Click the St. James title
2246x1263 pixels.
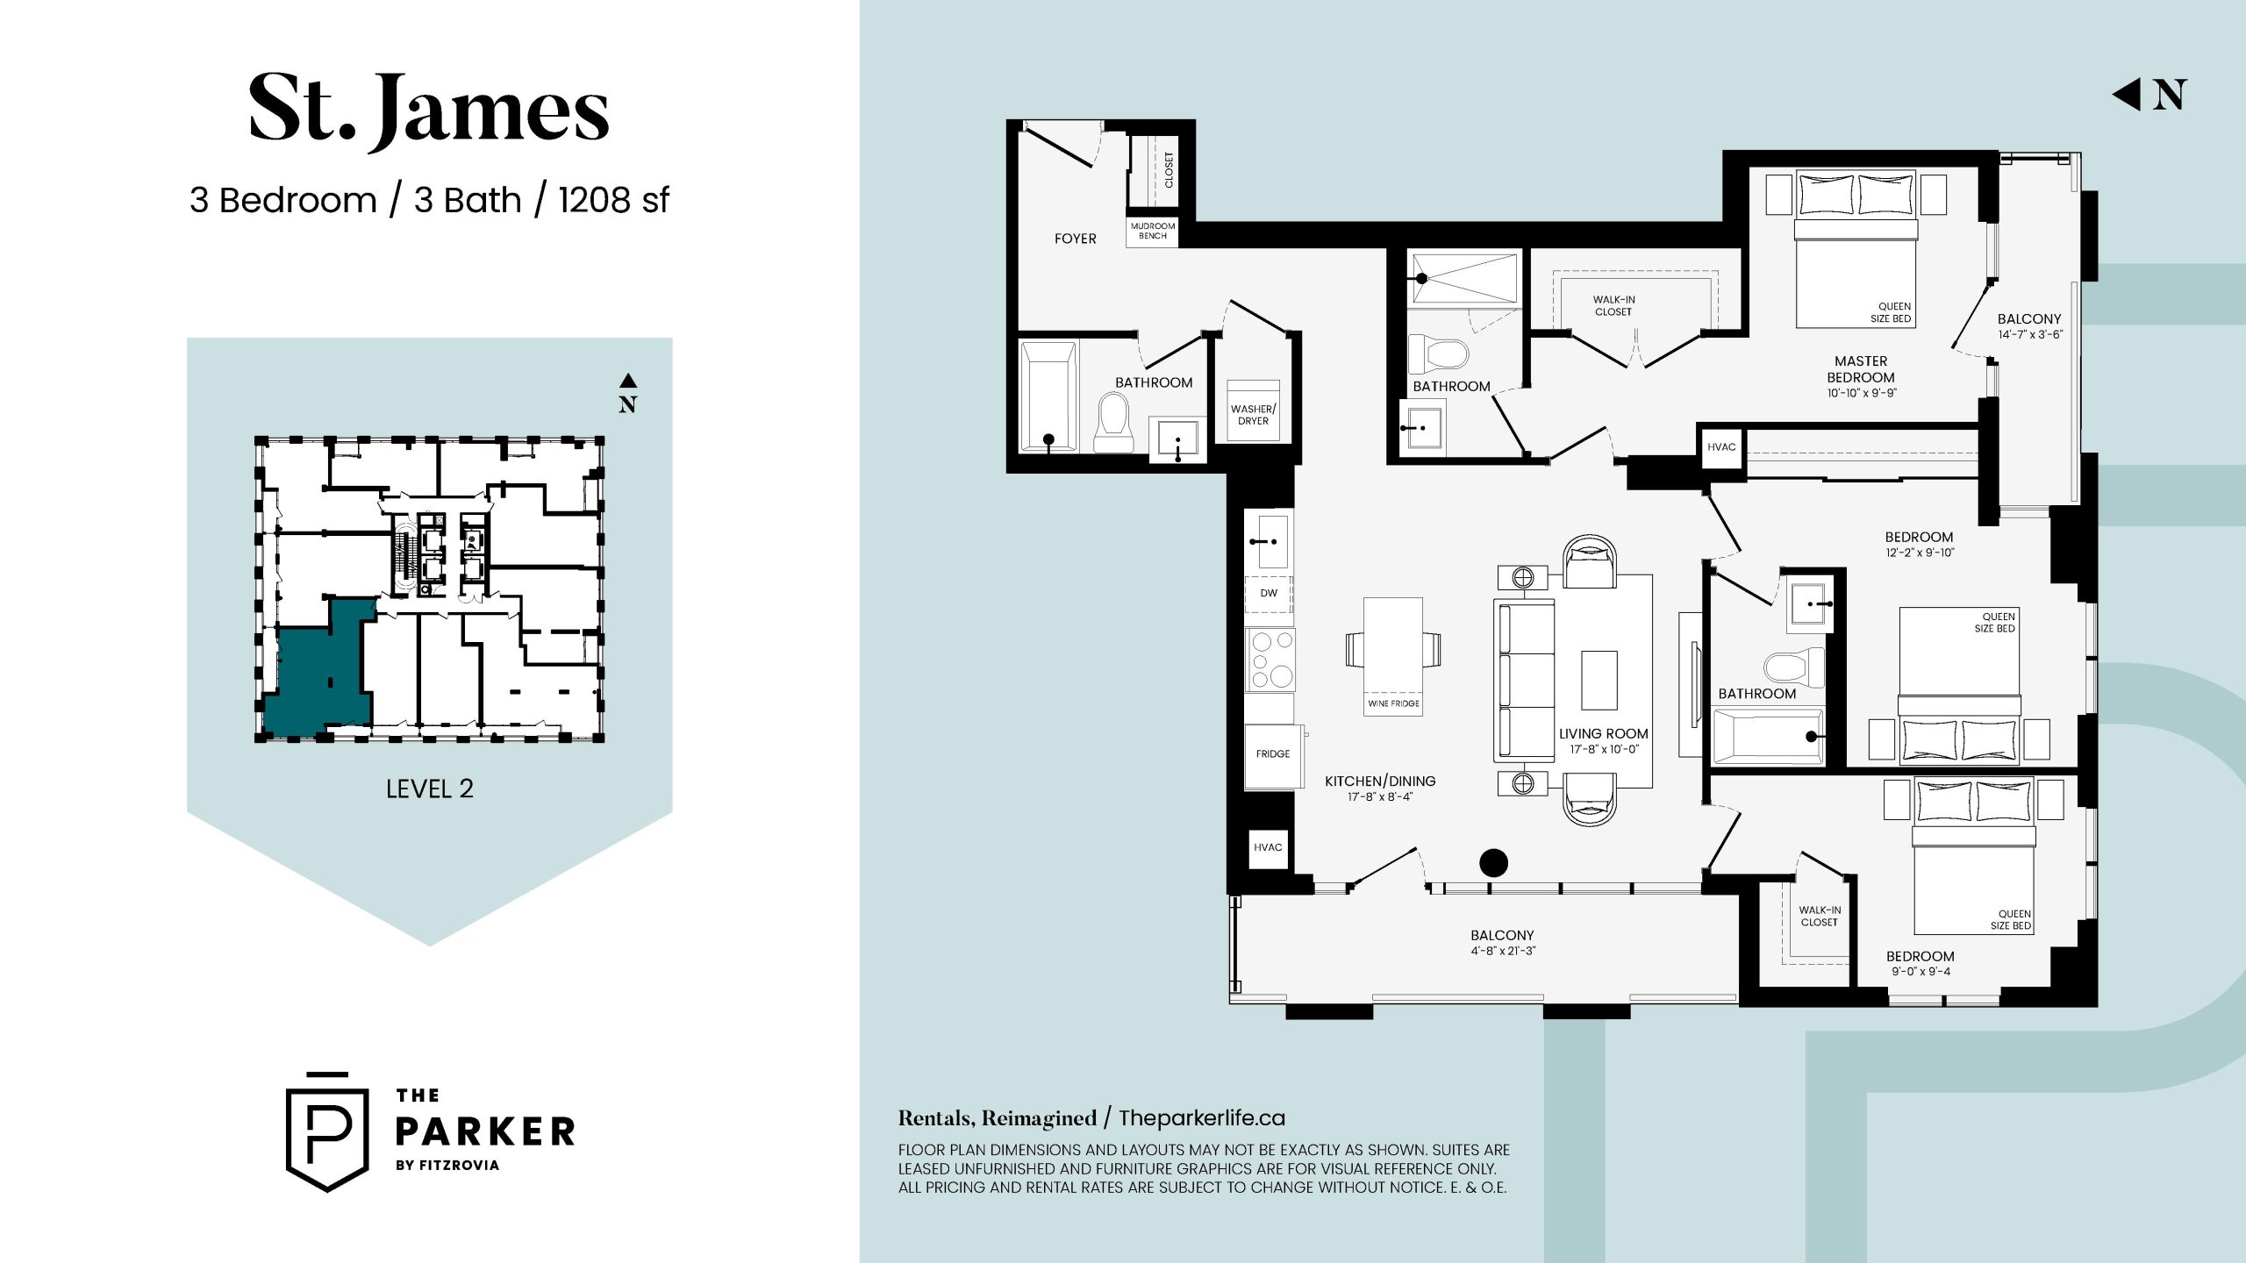click(429, 111)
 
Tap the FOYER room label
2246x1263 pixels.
click(1075, 239)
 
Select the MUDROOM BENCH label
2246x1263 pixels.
click(1153, 231)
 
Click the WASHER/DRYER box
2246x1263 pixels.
click(1253, 410)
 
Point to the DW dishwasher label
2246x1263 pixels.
click(1269, 593)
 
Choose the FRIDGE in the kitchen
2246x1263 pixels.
click(1272, 753)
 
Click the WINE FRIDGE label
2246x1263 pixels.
click(1393, 703)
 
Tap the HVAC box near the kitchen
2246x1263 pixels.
click(1268, 847)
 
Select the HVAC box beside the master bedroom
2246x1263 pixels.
click(1721, 447)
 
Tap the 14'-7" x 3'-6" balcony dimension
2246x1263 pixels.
click(2029, 334)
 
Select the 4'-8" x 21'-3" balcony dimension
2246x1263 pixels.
click(1503, 951)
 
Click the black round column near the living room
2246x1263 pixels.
click(1493, 863)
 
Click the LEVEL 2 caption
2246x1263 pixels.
click(430, 788)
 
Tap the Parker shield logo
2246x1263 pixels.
click(327, 1132)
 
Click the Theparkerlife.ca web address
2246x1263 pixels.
click(1202, 1118)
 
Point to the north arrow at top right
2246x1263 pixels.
click(2149, 95)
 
